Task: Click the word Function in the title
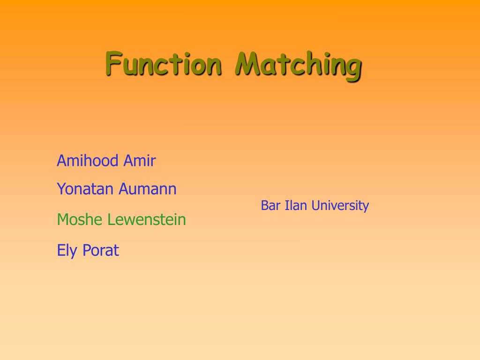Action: (164, 64)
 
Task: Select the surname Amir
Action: (140, 160)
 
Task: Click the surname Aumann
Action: (148, 188)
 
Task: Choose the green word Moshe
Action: (80, 219)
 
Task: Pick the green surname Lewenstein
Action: (147, 219)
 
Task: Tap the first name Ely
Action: (67, 251)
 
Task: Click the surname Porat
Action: (101, 250)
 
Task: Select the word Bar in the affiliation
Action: (270, 205)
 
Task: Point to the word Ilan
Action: (296, 205)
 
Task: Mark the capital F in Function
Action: (114, 63)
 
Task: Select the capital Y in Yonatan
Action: (62, 188)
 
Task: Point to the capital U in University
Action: (316, 205)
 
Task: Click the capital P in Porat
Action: (87, 250)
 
